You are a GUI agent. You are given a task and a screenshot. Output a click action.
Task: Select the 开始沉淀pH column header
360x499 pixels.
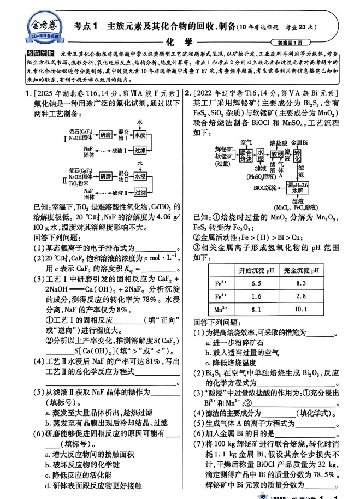click(256, 270)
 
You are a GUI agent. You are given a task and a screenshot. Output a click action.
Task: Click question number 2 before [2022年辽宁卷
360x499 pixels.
click(187, 92)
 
